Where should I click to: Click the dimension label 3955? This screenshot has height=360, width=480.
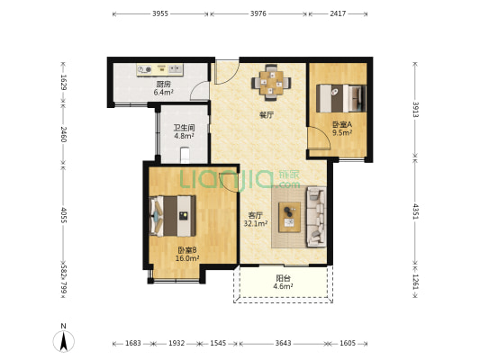pos(160,13)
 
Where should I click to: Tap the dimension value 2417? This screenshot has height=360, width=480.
pos(338,13)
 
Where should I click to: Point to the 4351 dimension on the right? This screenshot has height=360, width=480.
pos(415,211)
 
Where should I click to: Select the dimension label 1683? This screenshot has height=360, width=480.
pos(133,343)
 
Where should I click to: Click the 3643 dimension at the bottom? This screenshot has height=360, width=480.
pos(283,343)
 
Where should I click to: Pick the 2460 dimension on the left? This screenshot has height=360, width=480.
pos(63,134)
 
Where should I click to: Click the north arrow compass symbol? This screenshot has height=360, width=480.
pos(64,339)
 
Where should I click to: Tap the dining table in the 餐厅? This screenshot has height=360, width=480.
pos(271,82)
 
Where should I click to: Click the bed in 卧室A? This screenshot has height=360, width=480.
pos(341,98)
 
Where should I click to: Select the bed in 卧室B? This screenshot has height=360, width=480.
pos(173,216)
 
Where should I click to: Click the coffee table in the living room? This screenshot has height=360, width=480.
pos(289,217)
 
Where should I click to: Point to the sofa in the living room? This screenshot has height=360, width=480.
pos(315,217)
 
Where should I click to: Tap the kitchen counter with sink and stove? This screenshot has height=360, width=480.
pos(159,69)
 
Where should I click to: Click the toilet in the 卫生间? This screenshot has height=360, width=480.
pos(185,155)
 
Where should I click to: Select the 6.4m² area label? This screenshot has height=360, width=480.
pos(164,92)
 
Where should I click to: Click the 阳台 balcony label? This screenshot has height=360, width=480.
pos(283,278)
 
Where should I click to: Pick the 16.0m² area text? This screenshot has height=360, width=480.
pos(187,258)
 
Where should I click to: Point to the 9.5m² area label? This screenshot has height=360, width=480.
pos(342,132)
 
